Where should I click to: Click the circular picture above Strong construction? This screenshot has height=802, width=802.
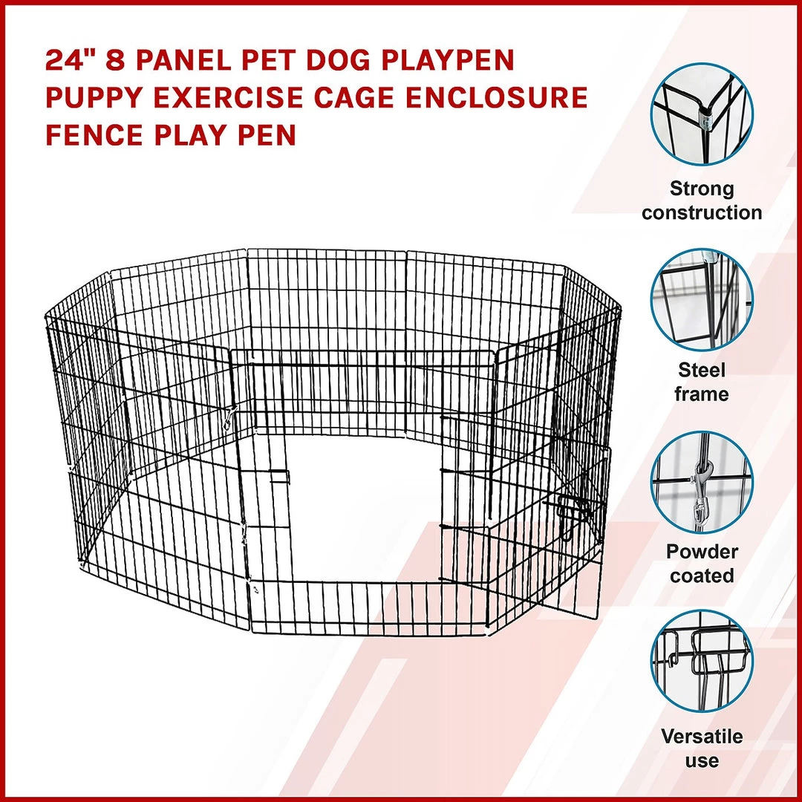click(x=702, y=114)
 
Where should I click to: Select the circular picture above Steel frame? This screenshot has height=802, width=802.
click(x=702, y=300)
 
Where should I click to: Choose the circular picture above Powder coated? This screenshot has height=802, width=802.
click(x=702, y=482)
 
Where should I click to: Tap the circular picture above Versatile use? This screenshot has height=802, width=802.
click(x=702, y=662)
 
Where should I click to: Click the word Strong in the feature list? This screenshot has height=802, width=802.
click(x=702, y=189)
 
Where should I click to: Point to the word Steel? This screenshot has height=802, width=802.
click(x=702, y=370)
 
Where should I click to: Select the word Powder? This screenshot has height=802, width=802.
click(x=702, y=551)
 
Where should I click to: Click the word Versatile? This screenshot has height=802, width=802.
click(x=702, y=737)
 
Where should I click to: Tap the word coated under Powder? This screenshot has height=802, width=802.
click(x=702, y=576)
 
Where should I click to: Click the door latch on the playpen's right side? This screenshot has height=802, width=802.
click(x=571, y=514)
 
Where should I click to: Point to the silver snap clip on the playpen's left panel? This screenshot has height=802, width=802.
click(x=229, y=418)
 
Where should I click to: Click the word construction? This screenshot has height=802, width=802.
click(x=702, y=212)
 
